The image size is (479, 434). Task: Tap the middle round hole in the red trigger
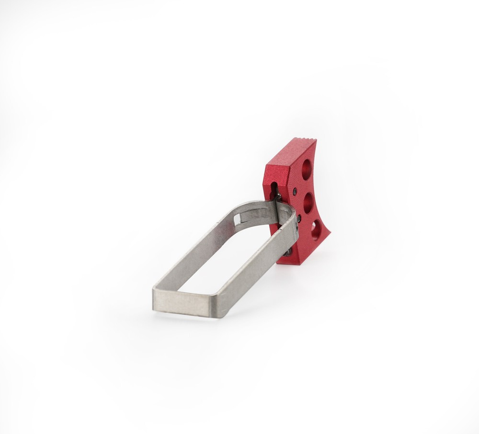pos(308,202)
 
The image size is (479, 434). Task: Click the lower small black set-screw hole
pos(299,218)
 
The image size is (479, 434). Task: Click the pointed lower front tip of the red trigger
pos(330,235)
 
